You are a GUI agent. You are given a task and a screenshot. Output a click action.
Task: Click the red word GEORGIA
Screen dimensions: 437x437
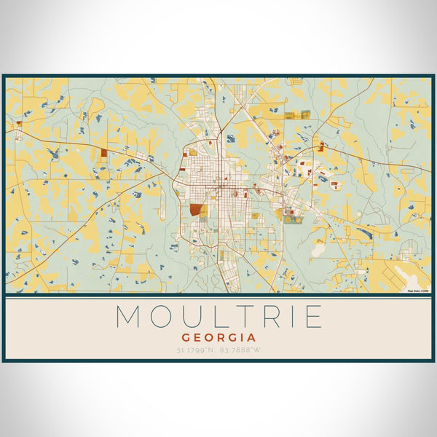click(219, 338)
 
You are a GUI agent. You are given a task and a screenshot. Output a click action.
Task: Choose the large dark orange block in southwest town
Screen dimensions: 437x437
click(195, 210)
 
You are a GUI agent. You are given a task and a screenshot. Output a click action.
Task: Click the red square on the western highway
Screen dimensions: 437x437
click(104, 153)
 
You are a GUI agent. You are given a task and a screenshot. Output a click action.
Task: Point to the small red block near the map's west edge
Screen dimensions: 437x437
click(19, 135)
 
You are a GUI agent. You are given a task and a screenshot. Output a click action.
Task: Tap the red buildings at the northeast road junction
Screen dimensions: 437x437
click(320, 148)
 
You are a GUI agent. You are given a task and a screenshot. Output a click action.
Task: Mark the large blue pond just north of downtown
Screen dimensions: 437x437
click(231, 138)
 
